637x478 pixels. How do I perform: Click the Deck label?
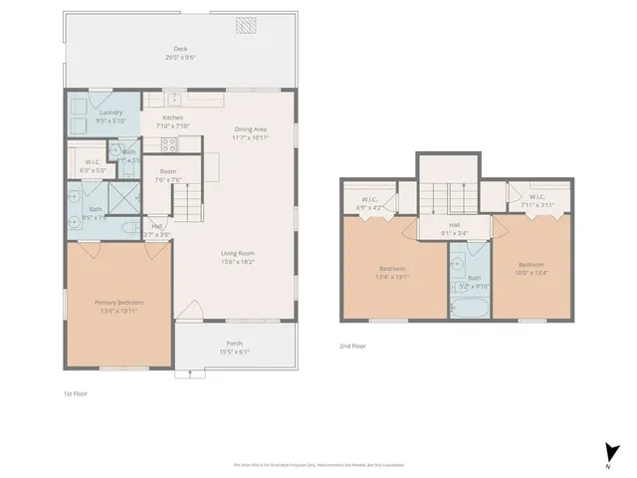tap(180, 48)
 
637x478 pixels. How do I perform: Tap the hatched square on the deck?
tap(246, 25)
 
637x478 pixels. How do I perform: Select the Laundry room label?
tap(111, 113)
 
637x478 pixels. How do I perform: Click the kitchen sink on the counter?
tap(173, 99)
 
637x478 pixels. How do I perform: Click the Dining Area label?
tap(251, 129)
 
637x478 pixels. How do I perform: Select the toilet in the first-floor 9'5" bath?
tap(127, 228)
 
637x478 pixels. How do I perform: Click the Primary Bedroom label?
tap(118, 303)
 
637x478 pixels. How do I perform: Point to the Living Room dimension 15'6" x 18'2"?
tap(238, 262)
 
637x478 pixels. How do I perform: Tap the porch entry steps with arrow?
tap(184, 373)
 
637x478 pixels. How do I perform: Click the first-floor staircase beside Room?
tap(188, 204)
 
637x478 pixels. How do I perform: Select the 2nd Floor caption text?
tap(353, 346)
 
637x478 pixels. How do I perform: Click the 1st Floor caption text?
tap(77, 394)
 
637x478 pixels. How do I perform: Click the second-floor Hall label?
tap(454, 226)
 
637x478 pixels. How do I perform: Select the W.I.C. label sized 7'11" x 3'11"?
tap(536, 197)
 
